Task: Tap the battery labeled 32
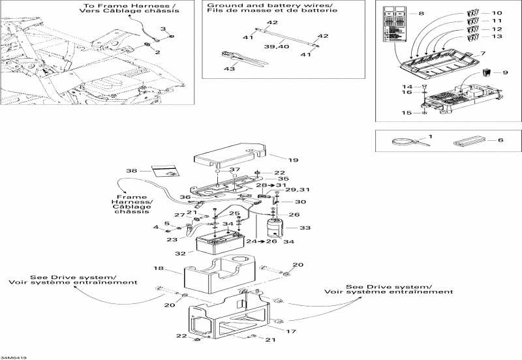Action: point(221,245)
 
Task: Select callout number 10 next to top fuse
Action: point(497,12)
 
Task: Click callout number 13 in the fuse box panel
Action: point(497,37)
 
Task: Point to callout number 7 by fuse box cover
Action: point(484,52)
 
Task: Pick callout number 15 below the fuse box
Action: point(406,113)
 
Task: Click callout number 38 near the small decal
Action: point(132,171)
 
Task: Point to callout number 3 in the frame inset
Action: point(164,29)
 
